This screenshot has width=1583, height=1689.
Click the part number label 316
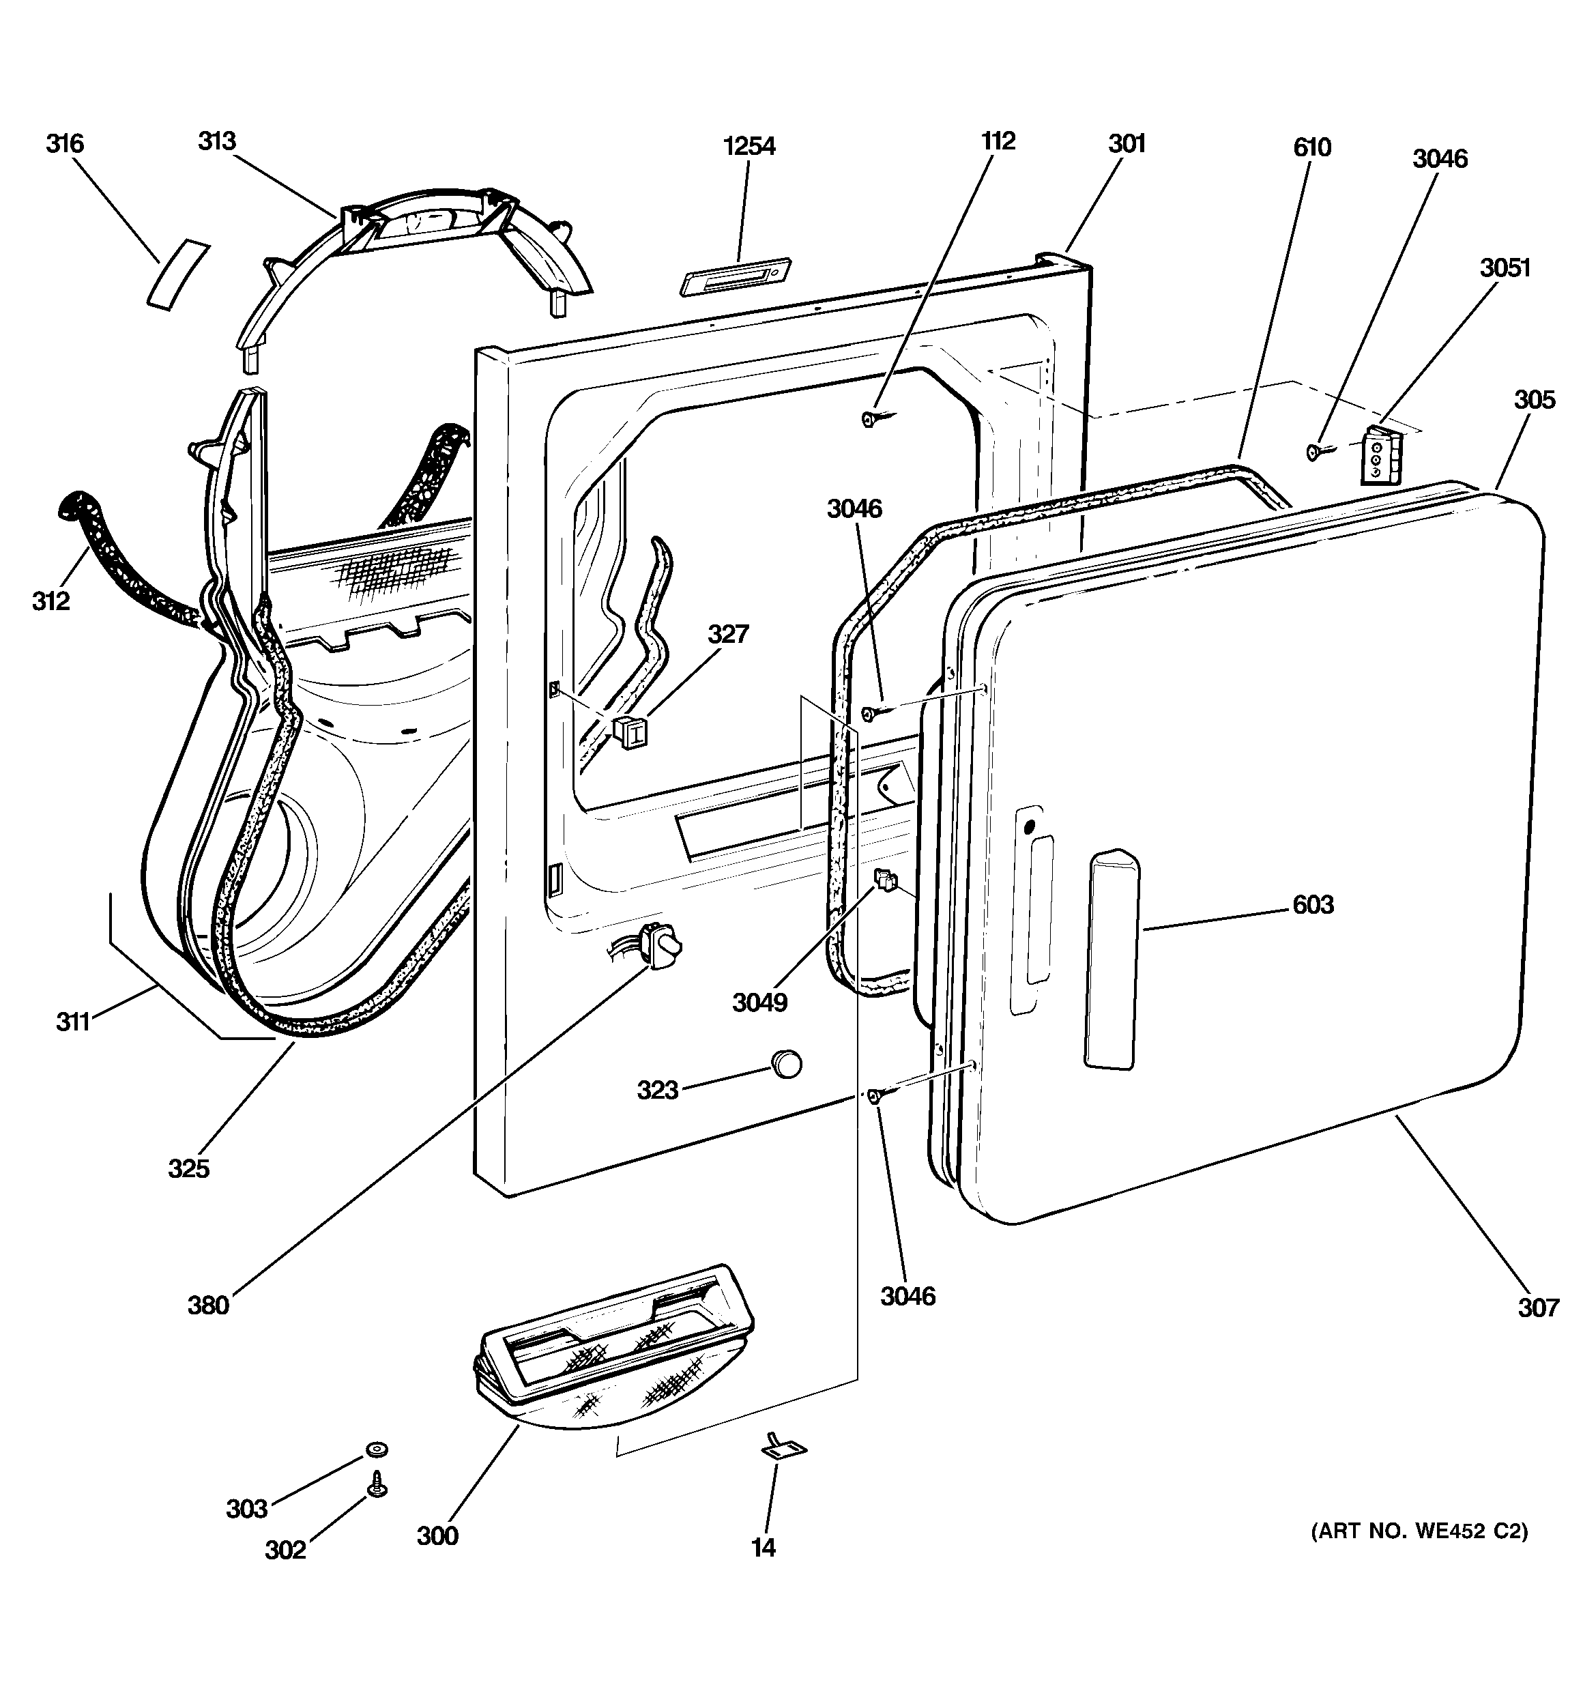[x=65, y=143]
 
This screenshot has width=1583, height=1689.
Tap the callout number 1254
[x=749, y=146]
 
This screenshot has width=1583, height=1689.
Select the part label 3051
[x=1505, y=268]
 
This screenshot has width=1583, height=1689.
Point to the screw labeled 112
[x=871, y=417]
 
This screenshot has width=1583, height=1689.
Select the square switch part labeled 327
[x=629, y=731]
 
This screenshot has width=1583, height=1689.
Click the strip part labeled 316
[x=177, y=274]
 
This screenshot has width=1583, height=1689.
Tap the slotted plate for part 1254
[x=736, y=277]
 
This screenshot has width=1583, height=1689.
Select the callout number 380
[x=208, y=1305]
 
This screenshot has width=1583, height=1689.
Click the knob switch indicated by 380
[x=661, y=944]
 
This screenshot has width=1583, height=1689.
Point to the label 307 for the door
[x=1538, y=1308]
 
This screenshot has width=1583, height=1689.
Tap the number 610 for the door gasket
[x=1312, y=148]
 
